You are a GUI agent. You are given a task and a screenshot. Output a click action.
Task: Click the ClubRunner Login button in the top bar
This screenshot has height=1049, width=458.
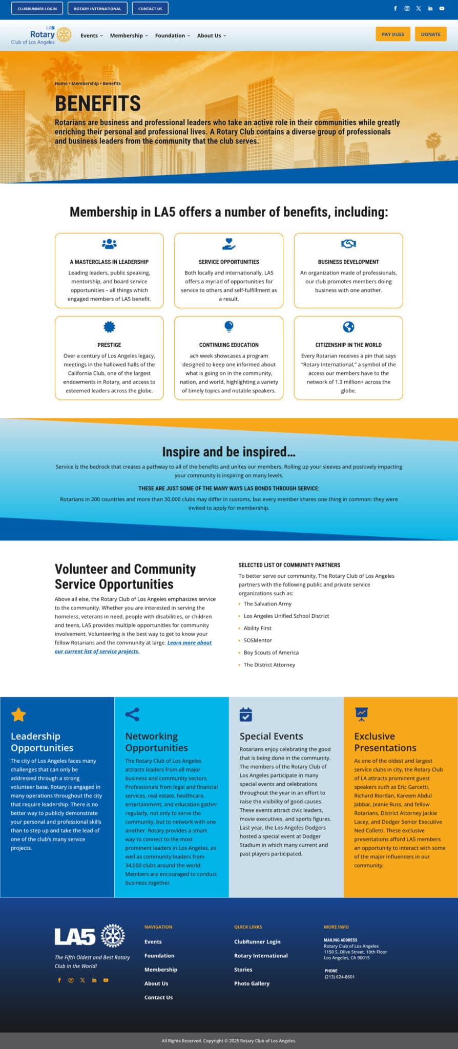pos(37,9)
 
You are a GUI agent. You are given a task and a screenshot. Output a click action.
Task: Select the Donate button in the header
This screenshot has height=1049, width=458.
pos(430,34)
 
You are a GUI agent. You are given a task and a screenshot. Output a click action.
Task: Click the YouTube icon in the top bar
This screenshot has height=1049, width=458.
pos(442,9)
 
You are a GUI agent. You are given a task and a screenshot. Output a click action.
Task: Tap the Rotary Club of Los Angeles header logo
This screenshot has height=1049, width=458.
pos(41,35)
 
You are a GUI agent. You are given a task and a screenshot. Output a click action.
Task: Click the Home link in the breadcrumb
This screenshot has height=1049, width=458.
pos(61,83)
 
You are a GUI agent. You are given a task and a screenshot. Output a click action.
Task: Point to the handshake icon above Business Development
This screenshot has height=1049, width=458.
pos(348,244)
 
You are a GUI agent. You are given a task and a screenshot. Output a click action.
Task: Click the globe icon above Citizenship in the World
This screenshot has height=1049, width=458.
pos(348,327)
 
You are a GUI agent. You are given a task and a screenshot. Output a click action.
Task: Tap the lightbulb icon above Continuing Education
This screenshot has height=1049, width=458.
pos(229,326)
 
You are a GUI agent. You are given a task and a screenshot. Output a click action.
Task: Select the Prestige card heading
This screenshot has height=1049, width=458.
pos(109,345)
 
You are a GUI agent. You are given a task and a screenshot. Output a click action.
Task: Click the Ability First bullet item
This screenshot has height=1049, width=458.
pos(257,628)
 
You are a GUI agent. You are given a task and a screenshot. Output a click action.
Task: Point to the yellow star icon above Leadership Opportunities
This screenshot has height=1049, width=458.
pos(18,715)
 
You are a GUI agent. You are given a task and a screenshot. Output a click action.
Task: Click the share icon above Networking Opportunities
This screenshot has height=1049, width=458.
pos(132,715)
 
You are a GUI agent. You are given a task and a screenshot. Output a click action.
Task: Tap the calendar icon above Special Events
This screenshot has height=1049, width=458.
pos(246,715)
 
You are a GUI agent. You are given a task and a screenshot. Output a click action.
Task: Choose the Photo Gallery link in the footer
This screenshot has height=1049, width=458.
pos(252,983)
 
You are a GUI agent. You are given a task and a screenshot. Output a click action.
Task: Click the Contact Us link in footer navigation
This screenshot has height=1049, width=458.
pos(158,997)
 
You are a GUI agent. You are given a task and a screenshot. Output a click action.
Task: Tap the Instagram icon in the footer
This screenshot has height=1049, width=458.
pos(71,980)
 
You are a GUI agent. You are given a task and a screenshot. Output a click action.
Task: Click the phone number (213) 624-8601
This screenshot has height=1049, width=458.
pos(339,977)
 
